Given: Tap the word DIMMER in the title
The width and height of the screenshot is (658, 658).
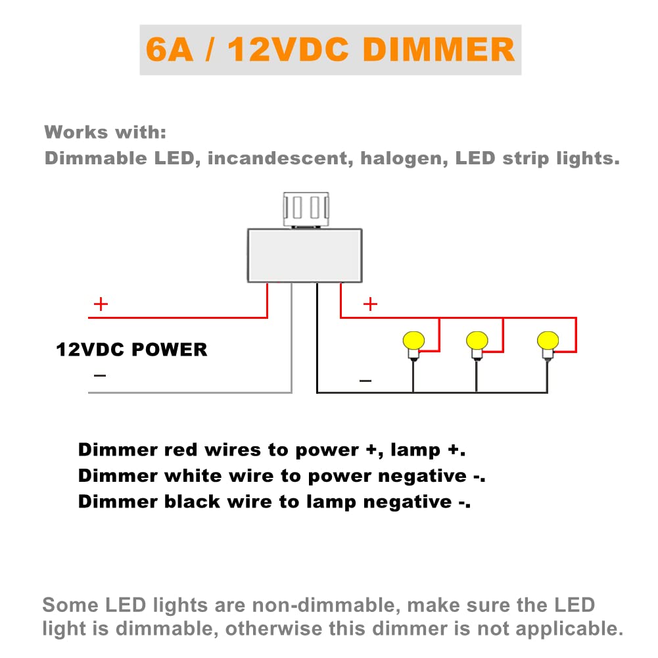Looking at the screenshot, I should tap(438, 51).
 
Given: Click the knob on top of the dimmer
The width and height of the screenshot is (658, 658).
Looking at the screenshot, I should tap(306, 208).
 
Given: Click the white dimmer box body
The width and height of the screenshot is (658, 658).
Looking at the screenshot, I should tap(304, 255).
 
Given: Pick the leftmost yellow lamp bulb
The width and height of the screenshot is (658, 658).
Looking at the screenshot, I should tap(413, 341).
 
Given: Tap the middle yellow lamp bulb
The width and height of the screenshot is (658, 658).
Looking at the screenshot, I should tap(477, 341).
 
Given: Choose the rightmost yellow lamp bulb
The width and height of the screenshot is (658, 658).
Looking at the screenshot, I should tap(547, 341).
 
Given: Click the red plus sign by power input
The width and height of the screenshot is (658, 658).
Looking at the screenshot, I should tap(101, 304).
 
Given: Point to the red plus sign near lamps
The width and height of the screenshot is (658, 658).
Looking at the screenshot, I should tap(371, 304).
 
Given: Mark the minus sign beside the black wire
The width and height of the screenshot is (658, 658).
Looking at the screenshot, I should tap(365, 381).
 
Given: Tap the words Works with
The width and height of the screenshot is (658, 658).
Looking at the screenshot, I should tap(105, 132).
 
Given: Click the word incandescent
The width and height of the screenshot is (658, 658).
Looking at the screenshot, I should tap(277, 158).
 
